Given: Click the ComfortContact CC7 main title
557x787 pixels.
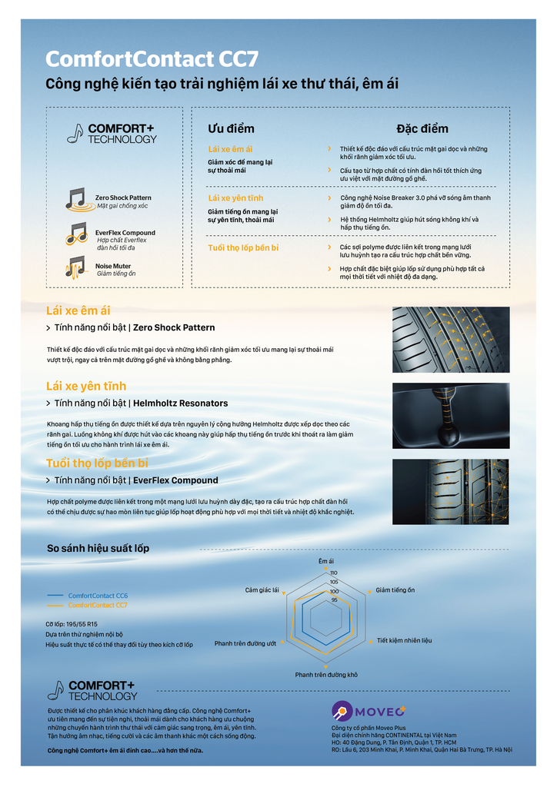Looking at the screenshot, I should (152, 59).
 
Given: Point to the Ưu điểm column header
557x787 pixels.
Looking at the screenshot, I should (231, 128).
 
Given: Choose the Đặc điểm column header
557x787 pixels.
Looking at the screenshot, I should (422, 128).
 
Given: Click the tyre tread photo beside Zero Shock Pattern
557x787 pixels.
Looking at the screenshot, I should (450, 339).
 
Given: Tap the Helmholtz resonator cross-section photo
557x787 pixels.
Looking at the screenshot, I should (450, 415).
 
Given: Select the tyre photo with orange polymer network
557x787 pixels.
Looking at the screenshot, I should (450, 491).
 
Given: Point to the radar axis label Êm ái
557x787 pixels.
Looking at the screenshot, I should (326, 561).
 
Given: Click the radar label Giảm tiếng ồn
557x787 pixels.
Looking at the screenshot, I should (395, 590).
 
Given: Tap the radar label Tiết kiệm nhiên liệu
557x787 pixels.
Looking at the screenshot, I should (404, 640).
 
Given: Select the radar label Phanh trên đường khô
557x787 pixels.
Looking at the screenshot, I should (326, 675).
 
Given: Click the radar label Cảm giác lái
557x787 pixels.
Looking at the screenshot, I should (262, 590).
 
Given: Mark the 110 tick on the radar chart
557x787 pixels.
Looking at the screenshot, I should (334, 573).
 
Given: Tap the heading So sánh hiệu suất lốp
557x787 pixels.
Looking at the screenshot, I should (98, 548).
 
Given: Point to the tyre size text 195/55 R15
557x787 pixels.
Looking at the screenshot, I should (72, 624).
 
